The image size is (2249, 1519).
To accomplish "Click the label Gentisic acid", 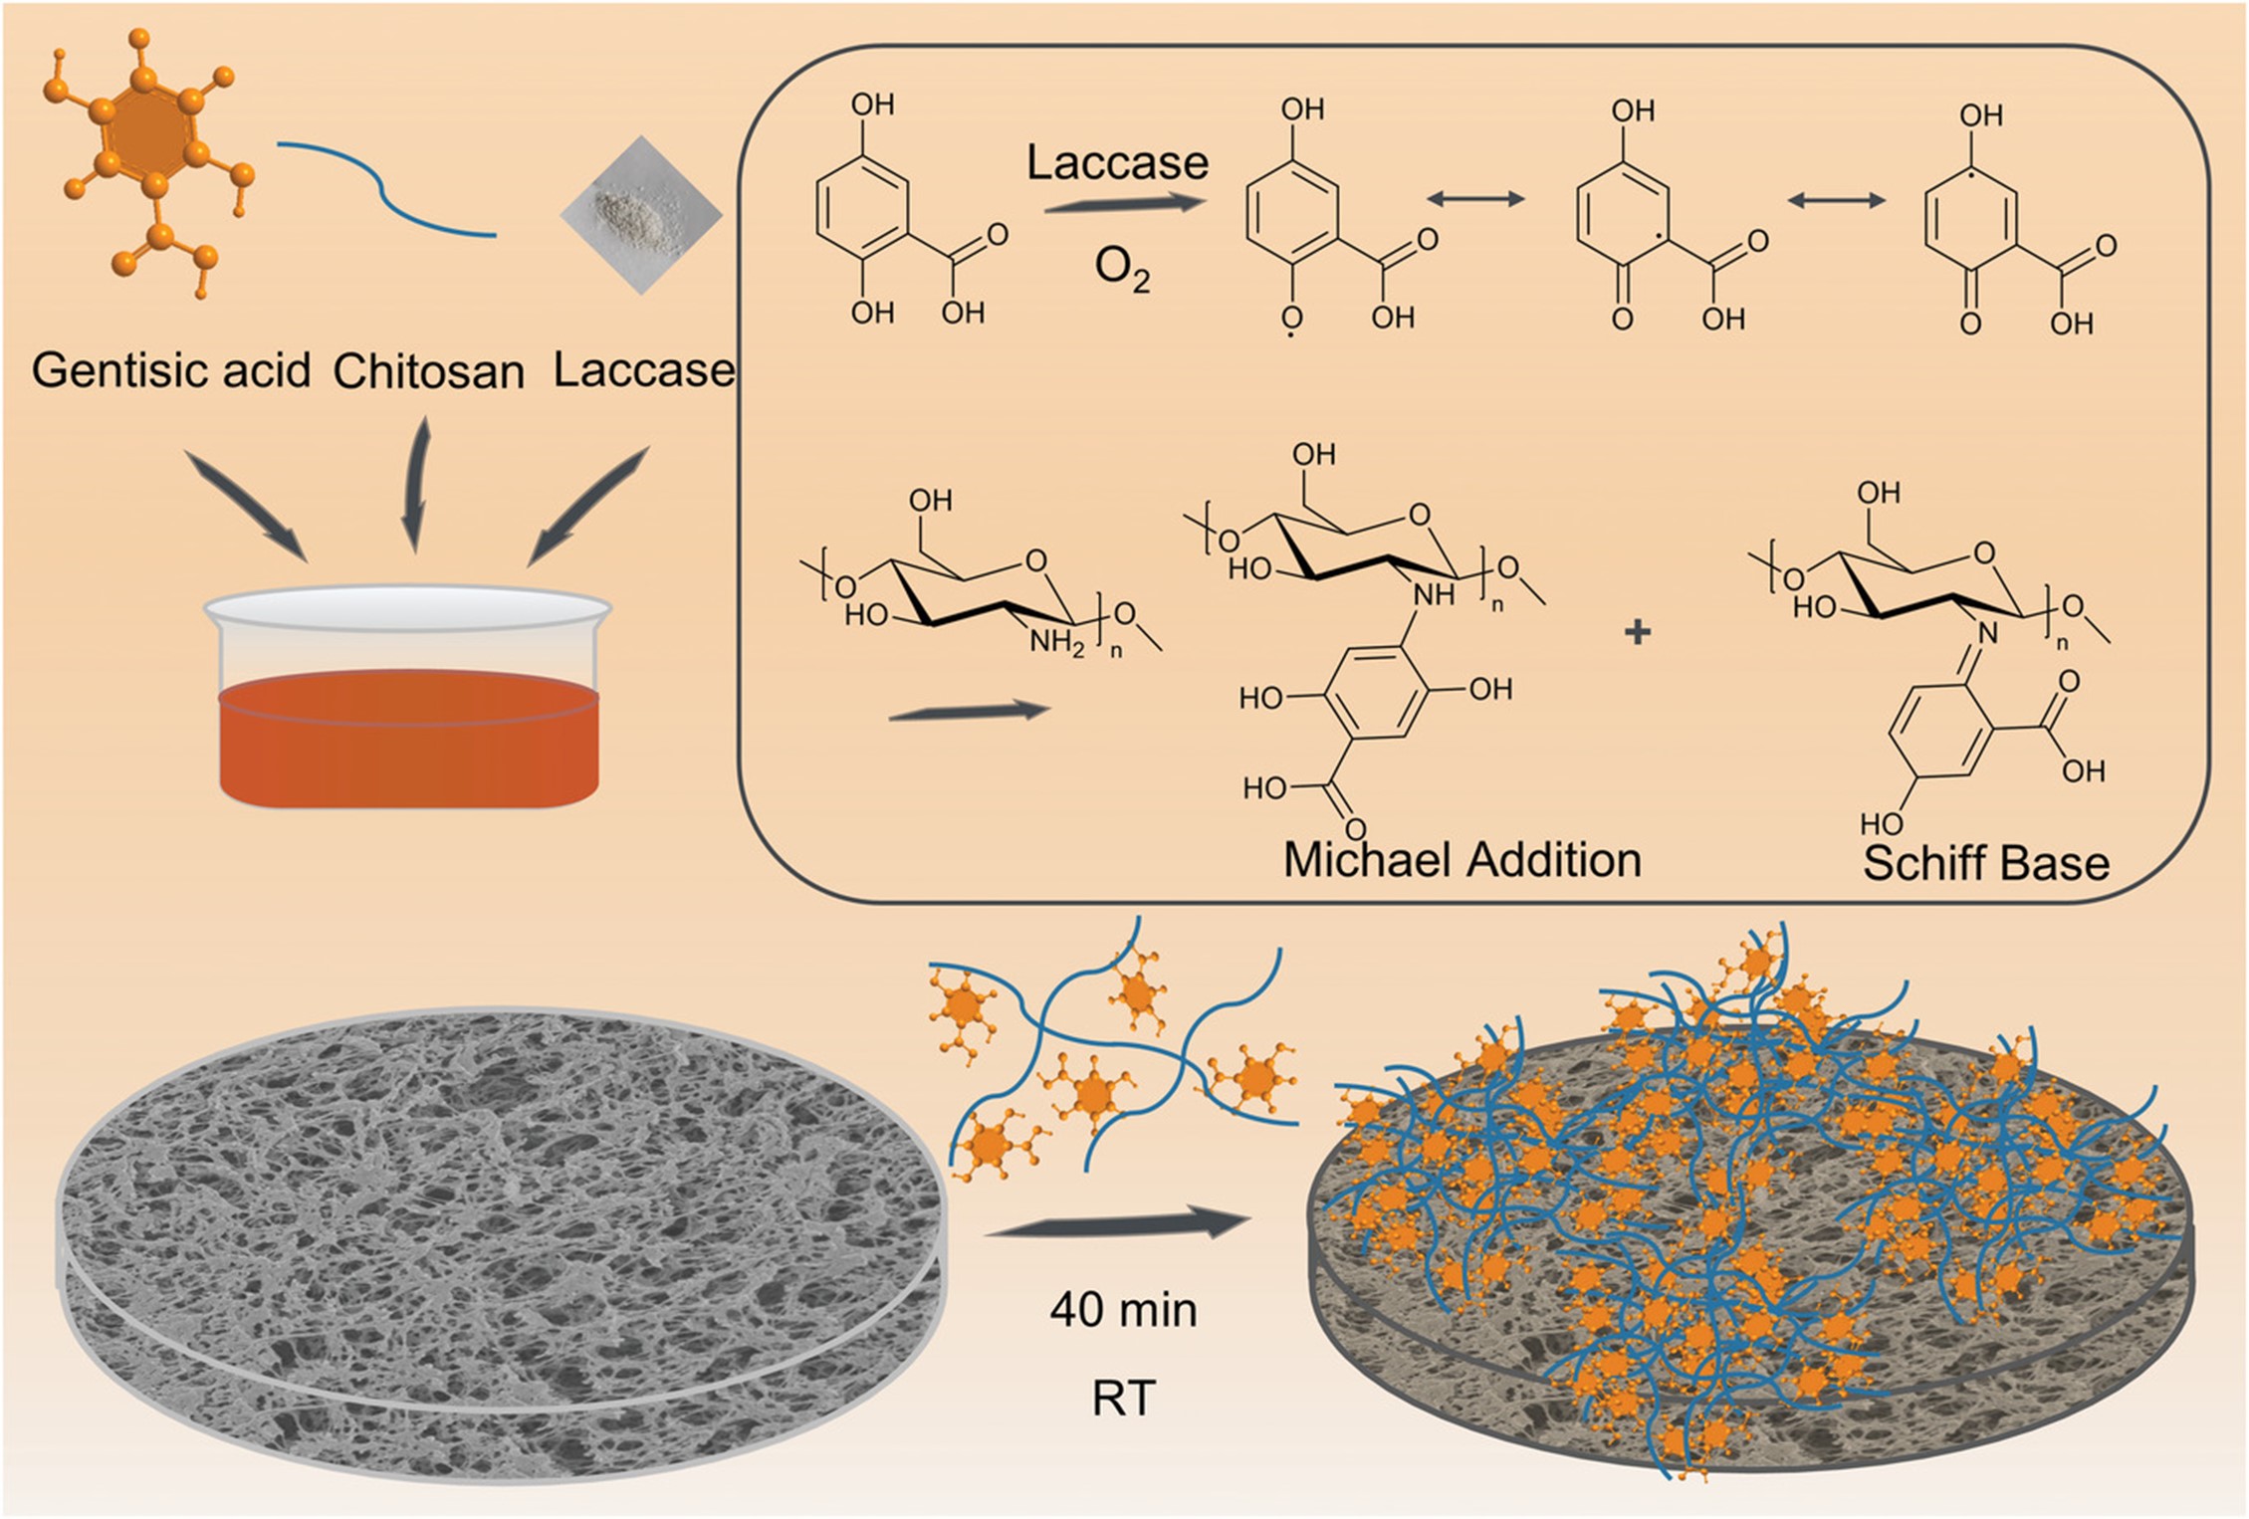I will point(171,371).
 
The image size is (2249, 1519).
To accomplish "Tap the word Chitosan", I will point(428,372).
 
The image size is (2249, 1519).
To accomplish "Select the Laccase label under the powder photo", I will point(643,370).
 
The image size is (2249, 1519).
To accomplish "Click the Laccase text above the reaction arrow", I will point(1117,163).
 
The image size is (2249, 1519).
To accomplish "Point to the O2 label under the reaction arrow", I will point(1122,269).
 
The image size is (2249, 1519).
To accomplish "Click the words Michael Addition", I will point(1462,860).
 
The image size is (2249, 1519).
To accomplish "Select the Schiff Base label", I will point(1985,863).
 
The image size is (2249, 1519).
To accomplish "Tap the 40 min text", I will point(1123,1310).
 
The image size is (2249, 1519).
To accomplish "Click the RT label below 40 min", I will point(1124,1399).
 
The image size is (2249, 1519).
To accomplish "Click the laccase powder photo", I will point(640,214).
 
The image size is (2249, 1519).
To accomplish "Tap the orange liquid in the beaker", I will point(408,742).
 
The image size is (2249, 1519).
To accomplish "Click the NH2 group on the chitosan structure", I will point(1056,643).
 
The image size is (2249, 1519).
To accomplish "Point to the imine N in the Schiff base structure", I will point(1986,632).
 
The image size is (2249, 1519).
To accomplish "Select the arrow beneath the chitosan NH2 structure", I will point(969,711).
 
